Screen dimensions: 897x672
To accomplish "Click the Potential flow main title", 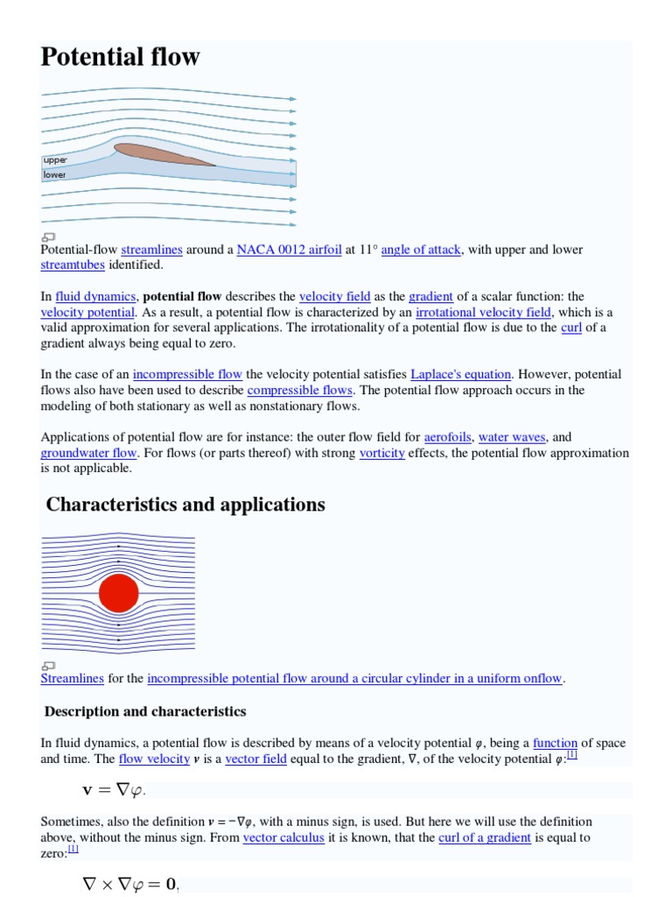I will pos(120,58).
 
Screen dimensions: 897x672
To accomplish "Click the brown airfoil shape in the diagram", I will pos(163,154).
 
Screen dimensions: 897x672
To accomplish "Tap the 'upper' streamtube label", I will pos(55,160).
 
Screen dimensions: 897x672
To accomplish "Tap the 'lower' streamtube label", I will pos(55,174).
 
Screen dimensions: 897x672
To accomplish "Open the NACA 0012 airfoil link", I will pos(289,250).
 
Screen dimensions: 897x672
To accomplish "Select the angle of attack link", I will pos(421,250).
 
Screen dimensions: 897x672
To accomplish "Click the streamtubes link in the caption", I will pos(73,265).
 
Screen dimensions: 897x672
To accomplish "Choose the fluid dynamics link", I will pos(95,296).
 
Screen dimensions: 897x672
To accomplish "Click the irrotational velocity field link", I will pos(483,312).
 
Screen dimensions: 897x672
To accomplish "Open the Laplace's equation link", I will pos(460,374).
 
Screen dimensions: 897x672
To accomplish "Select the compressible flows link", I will pos(300,390).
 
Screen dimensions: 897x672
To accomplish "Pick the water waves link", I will pos(512,436).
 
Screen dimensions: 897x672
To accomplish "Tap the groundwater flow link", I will pos(88,453).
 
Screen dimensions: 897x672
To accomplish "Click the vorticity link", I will pos(381,453).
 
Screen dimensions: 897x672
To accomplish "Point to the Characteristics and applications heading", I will pos(185,505).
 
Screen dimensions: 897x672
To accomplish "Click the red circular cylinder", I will pos(118,594).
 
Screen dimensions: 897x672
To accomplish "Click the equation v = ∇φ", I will pos(114,790).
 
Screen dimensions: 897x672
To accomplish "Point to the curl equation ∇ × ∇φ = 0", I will pos(130,886).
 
